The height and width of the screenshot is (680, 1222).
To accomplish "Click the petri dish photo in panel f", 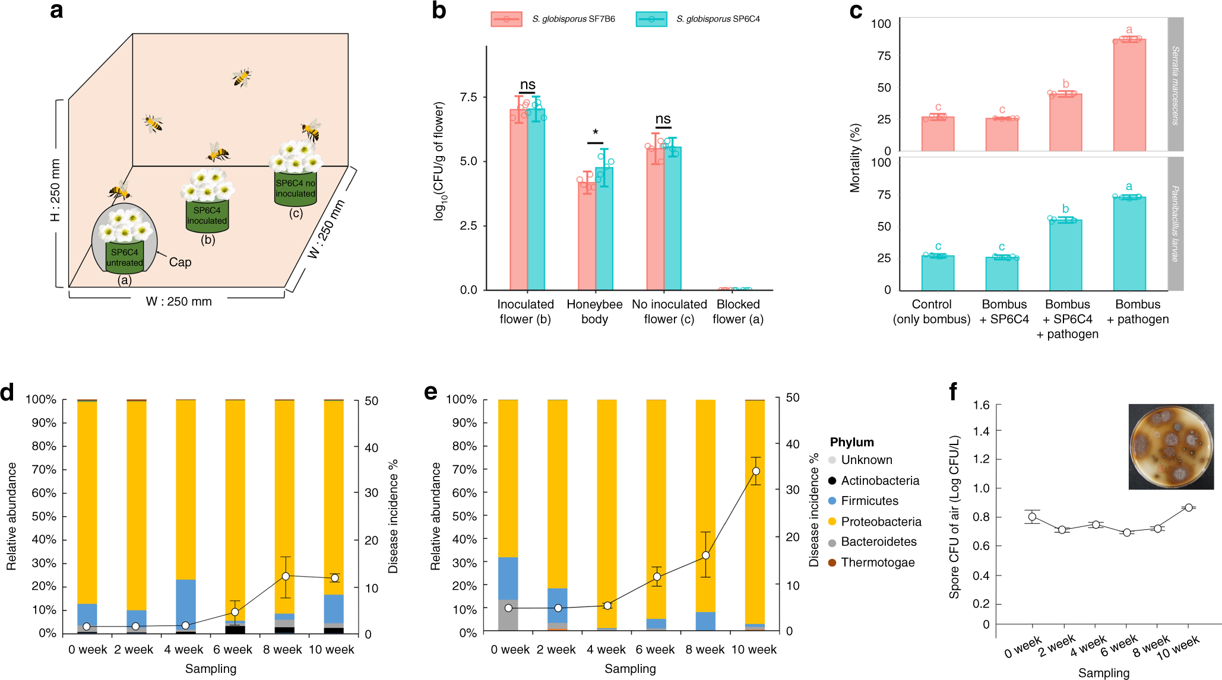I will (x=1170, y=447).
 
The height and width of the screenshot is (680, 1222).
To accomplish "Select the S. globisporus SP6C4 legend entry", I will (x=698, y=19).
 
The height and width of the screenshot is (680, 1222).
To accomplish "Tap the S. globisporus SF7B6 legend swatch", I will (x=506, y=19).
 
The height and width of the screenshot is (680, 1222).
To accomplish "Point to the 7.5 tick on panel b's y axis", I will (x=468, y=97).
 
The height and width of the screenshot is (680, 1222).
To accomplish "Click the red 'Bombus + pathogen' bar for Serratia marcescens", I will (x=1129, y=95).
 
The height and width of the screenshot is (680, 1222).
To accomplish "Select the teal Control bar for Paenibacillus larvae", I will (x=938, y=272).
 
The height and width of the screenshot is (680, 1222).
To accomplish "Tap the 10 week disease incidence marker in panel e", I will (x=755, y=471).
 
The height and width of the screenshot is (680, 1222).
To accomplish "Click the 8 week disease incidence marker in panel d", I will (x=286, y=576).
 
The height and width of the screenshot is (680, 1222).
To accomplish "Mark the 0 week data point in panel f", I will (x=1032, y=517).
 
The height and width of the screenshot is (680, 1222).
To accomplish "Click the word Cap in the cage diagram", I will (x=180, y=262).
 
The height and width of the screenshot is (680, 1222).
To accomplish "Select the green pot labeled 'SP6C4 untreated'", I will (x=125, y=257).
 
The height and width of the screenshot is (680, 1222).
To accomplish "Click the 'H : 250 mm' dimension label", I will (x=55, y=190).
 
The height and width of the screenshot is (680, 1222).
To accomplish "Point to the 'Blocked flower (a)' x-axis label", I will (x=737, y=312).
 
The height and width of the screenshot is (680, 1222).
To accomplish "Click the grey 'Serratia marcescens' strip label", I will (x=1175, y=84).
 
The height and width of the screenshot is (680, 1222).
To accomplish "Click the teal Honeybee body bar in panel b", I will (x=604, y=228).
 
